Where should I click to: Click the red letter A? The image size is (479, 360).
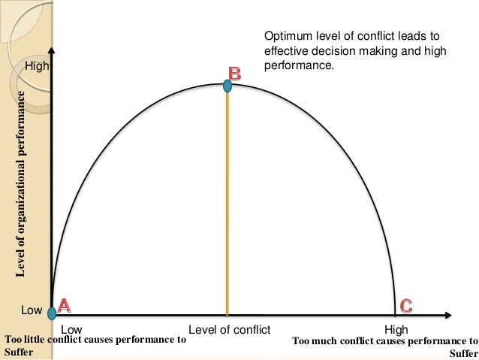click(x=65, y=306)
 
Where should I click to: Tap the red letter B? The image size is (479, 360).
click(x=234, y=73)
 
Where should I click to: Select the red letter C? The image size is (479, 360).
click(x=405, y=306)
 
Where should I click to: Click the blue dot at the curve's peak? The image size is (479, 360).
click(x=227, y=87)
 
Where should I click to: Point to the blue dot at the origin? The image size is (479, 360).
click(x=51, y=312)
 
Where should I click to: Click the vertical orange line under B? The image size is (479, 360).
click(x=227, y=203)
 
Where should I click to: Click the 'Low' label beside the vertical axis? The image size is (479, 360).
click(x=32, y=310)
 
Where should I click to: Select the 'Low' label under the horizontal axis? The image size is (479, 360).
click(x=71, y=329)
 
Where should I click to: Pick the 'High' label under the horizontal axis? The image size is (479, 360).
click(x=396, y=329)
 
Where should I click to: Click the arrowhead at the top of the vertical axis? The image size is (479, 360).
click(x=51, y=53)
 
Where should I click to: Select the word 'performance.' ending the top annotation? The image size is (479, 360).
click(x=297, y=65)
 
